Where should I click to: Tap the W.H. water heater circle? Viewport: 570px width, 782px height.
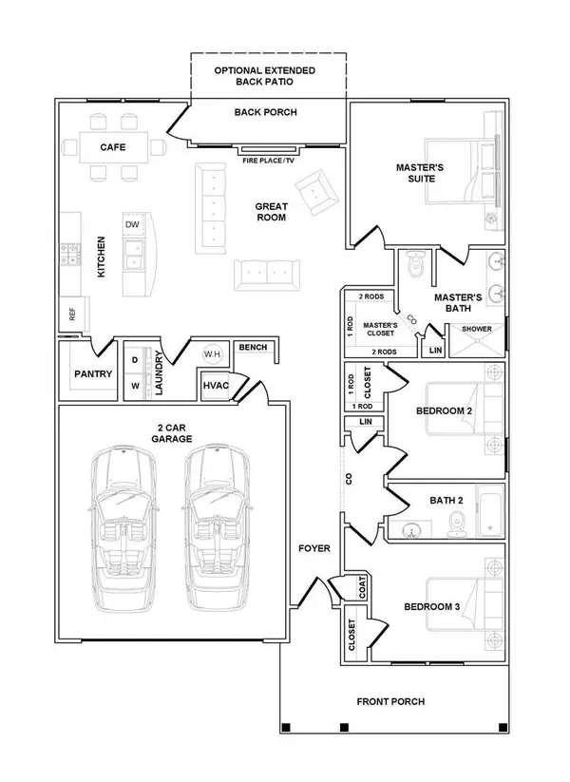pyautogui.click(x=212, y=355)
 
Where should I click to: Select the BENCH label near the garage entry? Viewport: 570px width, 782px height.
pyautogui.click(x=253, y=348)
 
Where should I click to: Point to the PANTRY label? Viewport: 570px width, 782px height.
pyautogui.click(x=93, y=374)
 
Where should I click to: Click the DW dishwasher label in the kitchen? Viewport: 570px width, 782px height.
pyautogui.click(x=131, y=224)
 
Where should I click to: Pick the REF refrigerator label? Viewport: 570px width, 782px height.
pyautogui.click(x=71, y=312)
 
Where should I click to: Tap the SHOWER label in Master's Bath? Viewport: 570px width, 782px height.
pyautogui.click(x=477, y=330)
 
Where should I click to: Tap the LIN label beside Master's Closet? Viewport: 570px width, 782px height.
pyautogui.click(x=435, y=350)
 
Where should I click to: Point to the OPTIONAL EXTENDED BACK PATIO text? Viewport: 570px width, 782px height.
pyautogui.click(x=265, y=77)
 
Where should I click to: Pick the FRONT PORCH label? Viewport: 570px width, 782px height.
pyautogui.click(x=390, y=702)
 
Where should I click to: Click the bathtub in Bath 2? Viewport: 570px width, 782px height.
pyautogui.click(x=491, y=510)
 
